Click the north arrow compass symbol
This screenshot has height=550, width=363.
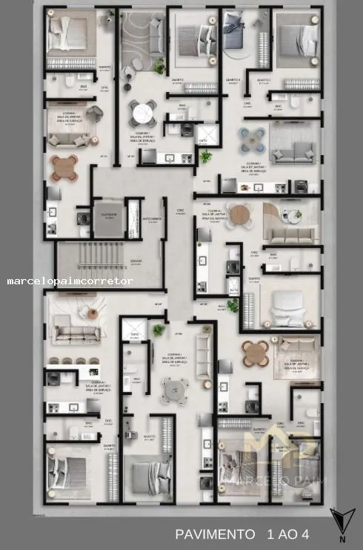point(341,522)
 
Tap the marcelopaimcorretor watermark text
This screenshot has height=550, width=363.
point(70,281)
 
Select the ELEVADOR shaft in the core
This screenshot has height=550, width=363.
point(108,219)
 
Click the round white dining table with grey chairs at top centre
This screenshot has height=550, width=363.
point(141,112)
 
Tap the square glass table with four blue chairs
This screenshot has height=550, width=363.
point(253,137)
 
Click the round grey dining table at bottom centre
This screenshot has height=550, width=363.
point(175,389)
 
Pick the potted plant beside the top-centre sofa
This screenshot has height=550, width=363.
point(159,68)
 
